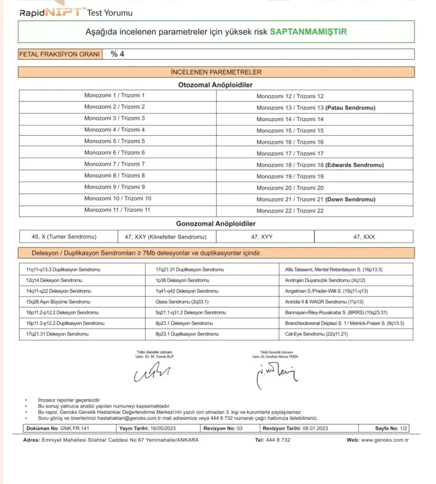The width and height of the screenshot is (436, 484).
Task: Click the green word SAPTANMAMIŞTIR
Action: click(308, 32)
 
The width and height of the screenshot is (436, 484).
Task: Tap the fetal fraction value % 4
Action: click(118, 54)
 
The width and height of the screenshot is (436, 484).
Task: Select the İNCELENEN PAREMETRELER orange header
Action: click(216, 72)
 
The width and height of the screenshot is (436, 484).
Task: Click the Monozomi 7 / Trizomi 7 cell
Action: click(115, 164)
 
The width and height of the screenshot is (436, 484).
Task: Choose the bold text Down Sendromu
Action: click(351, 199)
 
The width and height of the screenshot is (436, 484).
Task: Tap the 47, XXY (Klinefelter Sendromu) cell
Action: click(164, 236)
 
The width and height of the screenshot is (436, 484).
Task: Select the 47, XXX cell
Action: click(363, 236)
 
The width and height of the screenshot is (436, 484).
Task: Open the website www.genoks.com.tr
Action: click(385, 440)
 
